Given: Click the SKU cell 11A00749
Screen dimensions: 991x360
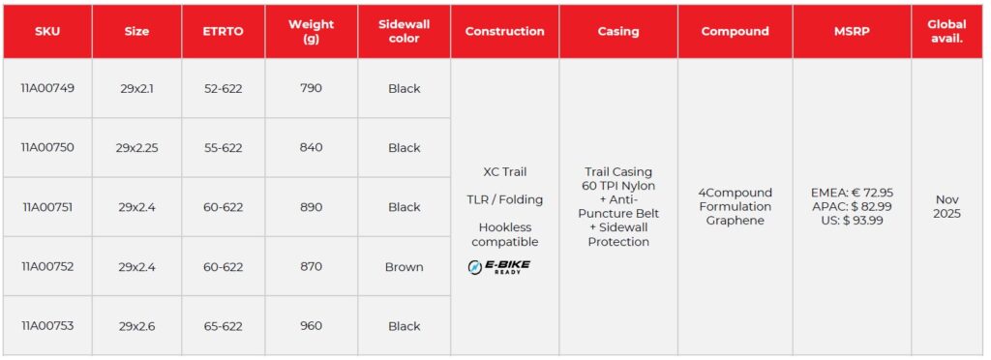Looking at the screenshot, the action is pos(47,88).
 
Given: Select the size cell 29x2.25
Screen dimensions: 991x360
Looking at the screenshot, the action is pos(137,148).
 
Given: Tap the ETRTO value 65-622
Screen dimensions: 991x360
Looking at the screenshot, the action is pos(224,326).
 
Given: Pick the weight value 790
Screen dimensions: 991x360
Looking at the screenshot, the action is pos(311,88).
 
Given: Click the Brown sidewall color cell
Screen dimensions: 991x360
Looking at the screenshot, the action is pos(404,266).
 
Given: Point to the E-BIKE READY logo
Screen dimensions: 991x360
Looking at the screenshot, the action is pos(498,267).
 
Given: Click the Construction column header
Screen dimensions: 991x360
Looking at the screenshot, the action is pos(504,31).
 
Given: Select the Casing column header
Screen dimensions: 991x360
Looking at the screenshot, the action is pos(618,31).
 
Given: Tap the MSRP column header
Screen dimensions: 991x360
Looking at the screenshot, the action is pos(852,31).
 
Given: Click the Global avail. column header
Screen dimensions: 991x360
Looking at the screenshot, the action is pos(946,31).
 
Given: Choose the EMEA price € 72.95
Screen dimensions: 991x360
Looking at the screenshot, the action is pos(852,193).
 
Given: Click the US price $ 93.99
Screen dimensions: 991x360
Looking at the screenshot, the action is pos(852,221).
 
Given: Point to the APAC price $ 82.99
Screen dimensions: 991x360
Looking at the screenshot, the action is pos(852,206).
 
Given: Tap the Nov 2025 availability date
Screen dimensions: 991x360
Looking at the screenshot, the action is pos(946,206).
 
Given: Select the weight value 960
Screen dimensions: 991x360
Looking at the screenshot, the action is pos(311,326).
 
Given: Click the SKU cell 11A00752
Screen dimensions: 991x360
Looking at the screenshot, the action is pos(47,266).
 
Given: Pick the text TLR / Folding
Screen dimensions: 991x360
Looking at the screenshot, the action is pos(504,199).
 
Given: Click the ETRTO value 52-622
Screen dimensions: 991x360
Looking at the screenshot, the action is pos(224,88).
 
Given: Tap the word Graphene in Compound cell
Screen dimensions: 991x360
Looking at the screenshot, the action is pos(736,221).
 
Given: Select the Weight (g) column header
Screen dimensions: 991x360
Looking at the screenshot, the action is pos(311,31).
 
